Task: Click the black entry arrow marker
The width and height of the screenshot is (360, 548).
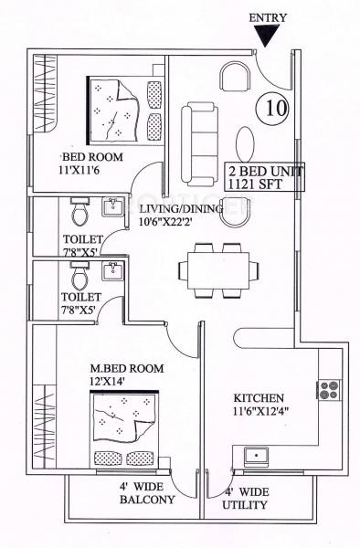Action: pos(267,35)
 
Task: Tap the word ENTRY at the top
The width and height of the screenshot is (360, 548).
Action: pos(267,16)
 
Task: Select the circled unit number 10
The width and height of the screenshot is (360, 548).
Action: pos(273,108)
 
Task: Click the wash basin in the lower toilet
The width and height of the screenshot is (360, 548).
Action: pos(113,271)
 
